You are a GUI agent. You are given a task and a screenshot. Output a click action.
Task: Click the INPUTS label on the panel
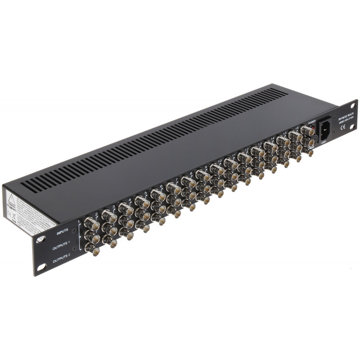[62, 233]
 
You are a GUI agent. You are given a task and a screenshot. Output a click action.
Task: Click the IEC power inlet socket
[327, 130]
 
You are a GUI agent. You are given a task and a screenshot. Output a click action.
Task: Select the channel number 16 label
[297, 128]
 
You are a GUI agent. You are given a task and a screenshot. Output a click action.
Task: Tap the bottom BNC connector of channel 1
[91, 247]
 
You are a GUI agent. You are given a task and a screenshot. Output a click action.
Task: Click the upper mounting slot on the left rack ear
[40, 239]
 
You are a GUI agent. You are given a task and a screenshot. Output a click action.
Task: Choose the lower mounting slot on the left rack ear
[40, 267]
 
